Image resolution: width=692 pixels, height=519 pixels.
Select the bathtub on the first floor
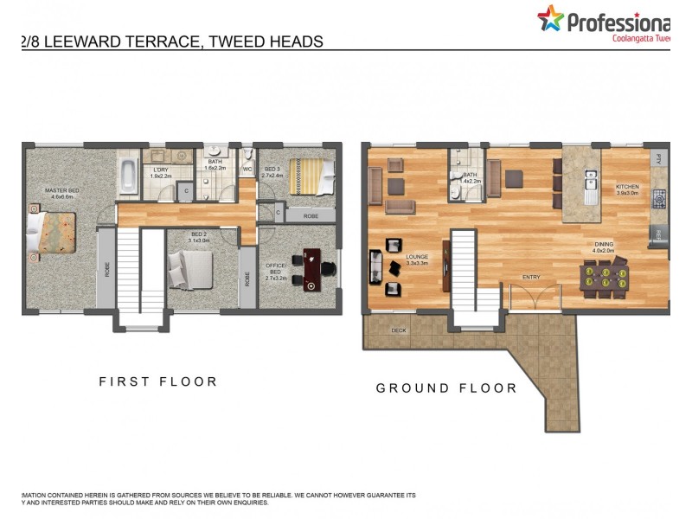[x=128, y=176]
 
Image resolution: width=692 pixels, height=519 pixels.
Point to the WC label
[x=247, y=169]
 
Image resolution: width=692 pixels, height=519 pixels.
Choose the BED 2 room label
[x=199, y=235]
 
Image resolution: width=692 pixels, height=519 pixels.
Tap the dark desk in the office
[x=311, y=266]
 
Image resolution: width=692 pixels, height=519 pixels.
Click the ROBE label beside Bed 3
[x=310, y=215]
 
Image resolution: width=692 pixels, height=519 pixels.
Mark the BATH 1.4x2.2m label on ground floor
[x=470, y=177]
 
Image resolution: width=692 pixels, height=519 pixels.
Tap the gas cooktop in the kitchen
[x=660, y=199]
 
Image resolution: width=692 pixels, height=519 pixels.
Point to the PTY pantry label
[x=659, y=159]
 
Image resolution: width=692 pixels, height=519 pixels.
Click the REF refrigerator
[x=658, y=234]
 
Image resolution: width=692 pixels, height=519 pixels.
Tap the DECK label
[x=399, y=330]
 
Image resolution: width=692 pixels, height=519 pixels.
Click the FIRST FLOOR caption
[x=158, y=381]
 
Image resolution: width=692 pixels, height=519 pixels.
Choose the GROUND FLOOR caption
[x=446, y=388]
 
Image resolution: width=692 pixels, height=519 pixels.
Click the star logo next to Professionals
[x=550, y=18]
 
